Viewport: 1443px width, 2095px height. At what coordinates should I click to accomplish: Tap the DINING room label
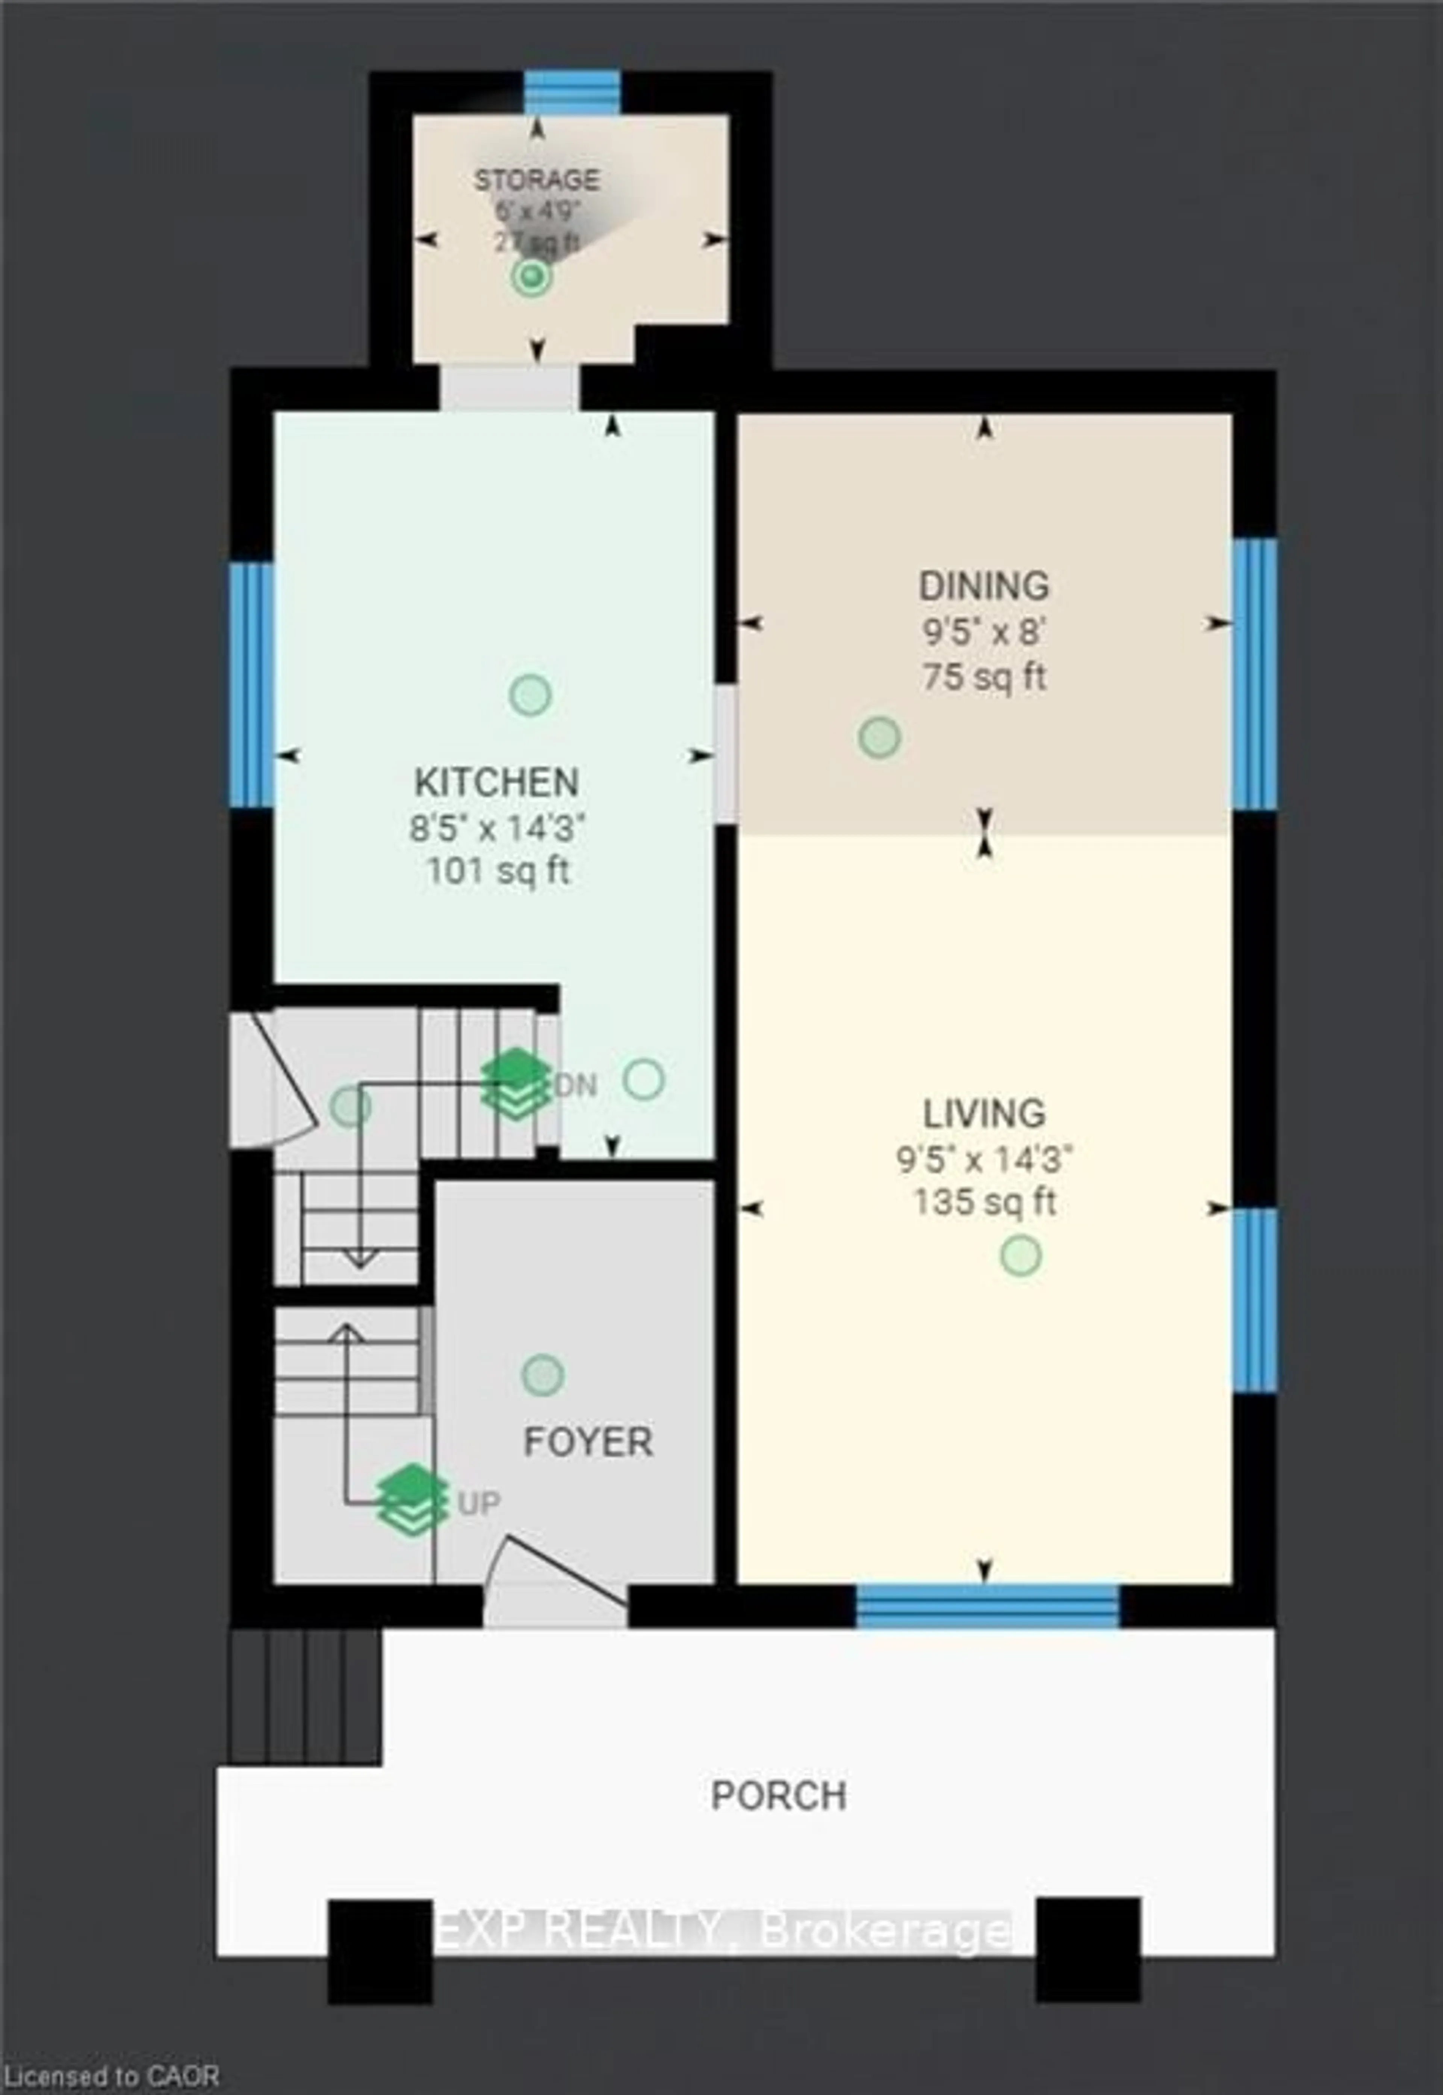tap(984, 586)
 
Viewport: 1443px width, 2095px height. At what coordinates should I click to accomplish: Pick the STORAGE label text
tap(537, 180)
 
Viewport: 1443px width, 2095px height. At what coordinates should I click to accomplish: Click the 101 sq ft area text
tap(498, 872)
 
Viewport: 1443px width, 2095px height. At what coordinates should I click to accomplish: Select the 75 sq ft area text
tap(984, 676)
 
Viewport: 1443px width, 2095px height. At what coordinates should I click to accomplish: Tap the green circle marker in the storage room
tap(532, 277)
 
